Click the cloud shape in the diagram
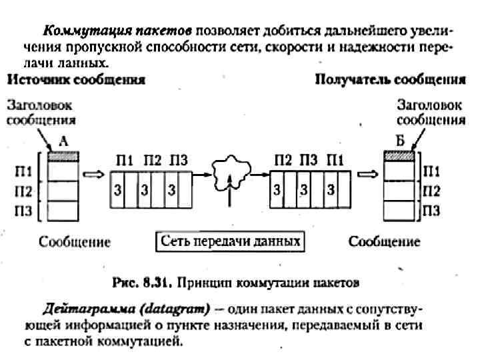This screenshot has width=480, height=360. (x=230, y=171)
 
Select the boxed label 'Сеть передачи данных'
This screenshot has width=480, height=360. (x=231, y=241)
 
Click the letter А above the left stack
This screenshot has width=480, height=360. (x=63, y=142)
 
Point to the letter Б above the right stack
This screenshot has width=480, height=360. (x=399, y=142)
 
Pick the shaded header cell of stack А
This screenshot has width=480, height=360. (x=64, y=156)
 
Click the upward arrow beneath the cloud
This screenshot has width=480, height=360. (x=230, y=193)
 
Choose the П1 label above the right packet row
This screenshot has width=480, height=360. (x=335, y=160)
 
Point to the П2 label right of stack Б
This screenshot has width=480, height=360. (x=431, y=193)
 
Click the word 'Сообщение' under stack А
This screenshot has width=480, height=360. (x=74, y=241)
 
